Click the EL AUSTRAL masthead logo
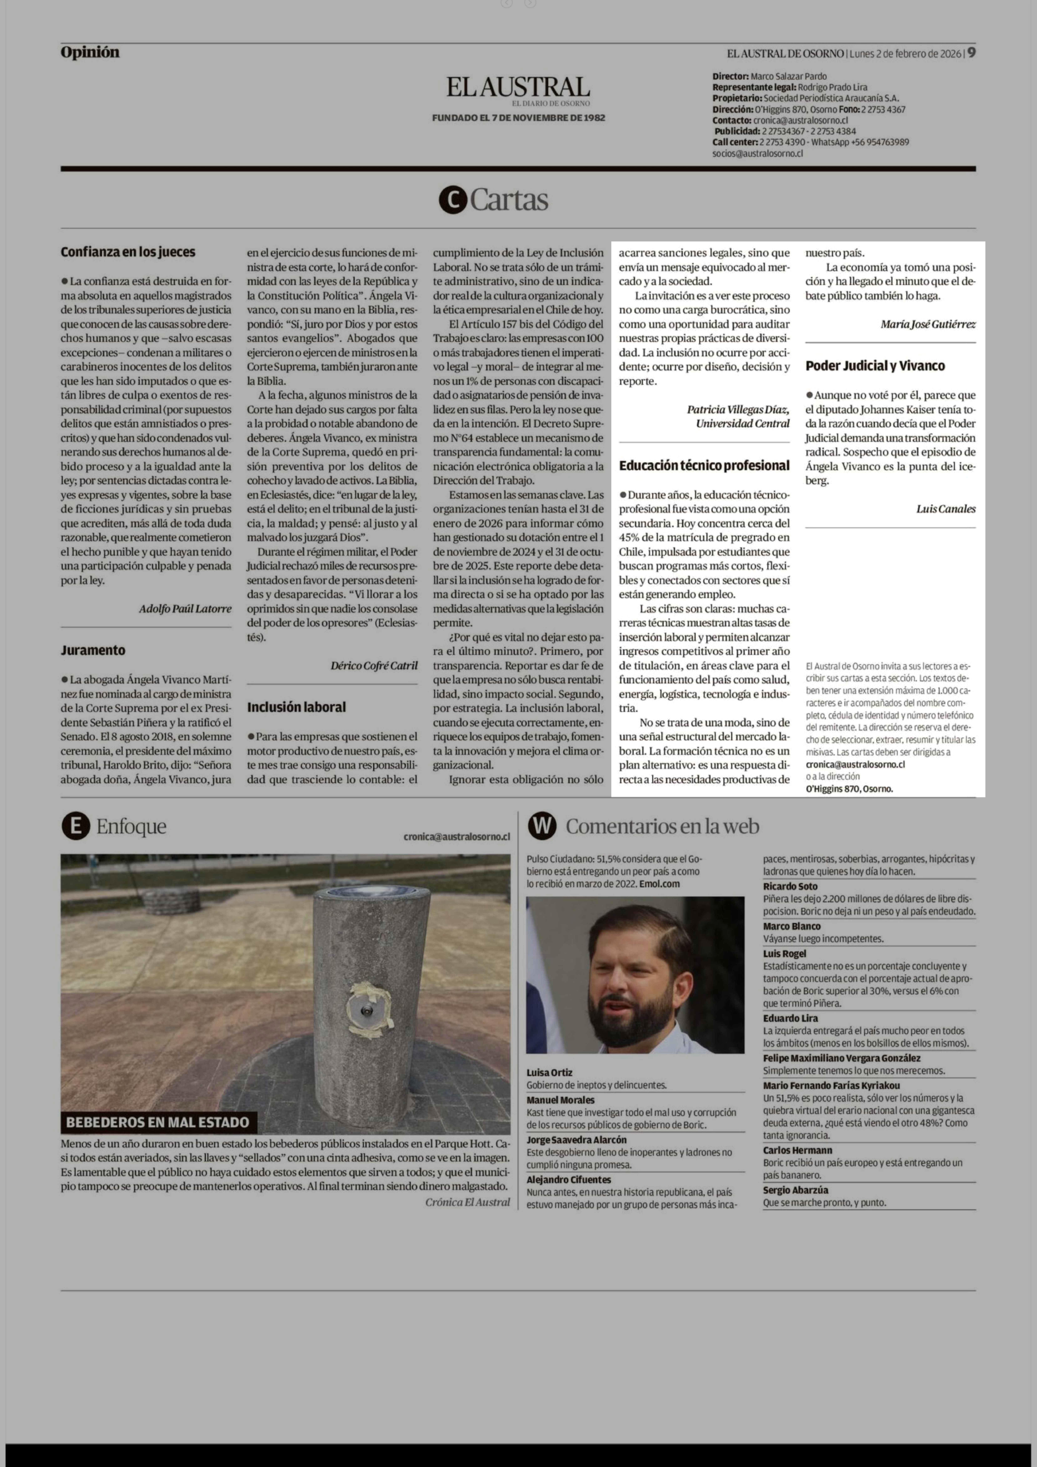click(518, 87)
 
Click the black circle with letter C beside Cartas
click(453, 201)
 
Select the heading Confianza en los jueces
click(128, 252)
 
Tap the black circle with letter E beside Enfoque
click(75, 826)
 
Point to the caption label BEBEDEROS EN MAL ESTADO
click(158, 1123)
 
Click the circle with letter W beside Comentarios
click(542, 826)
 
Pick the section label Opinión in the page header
click(90, 52)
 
